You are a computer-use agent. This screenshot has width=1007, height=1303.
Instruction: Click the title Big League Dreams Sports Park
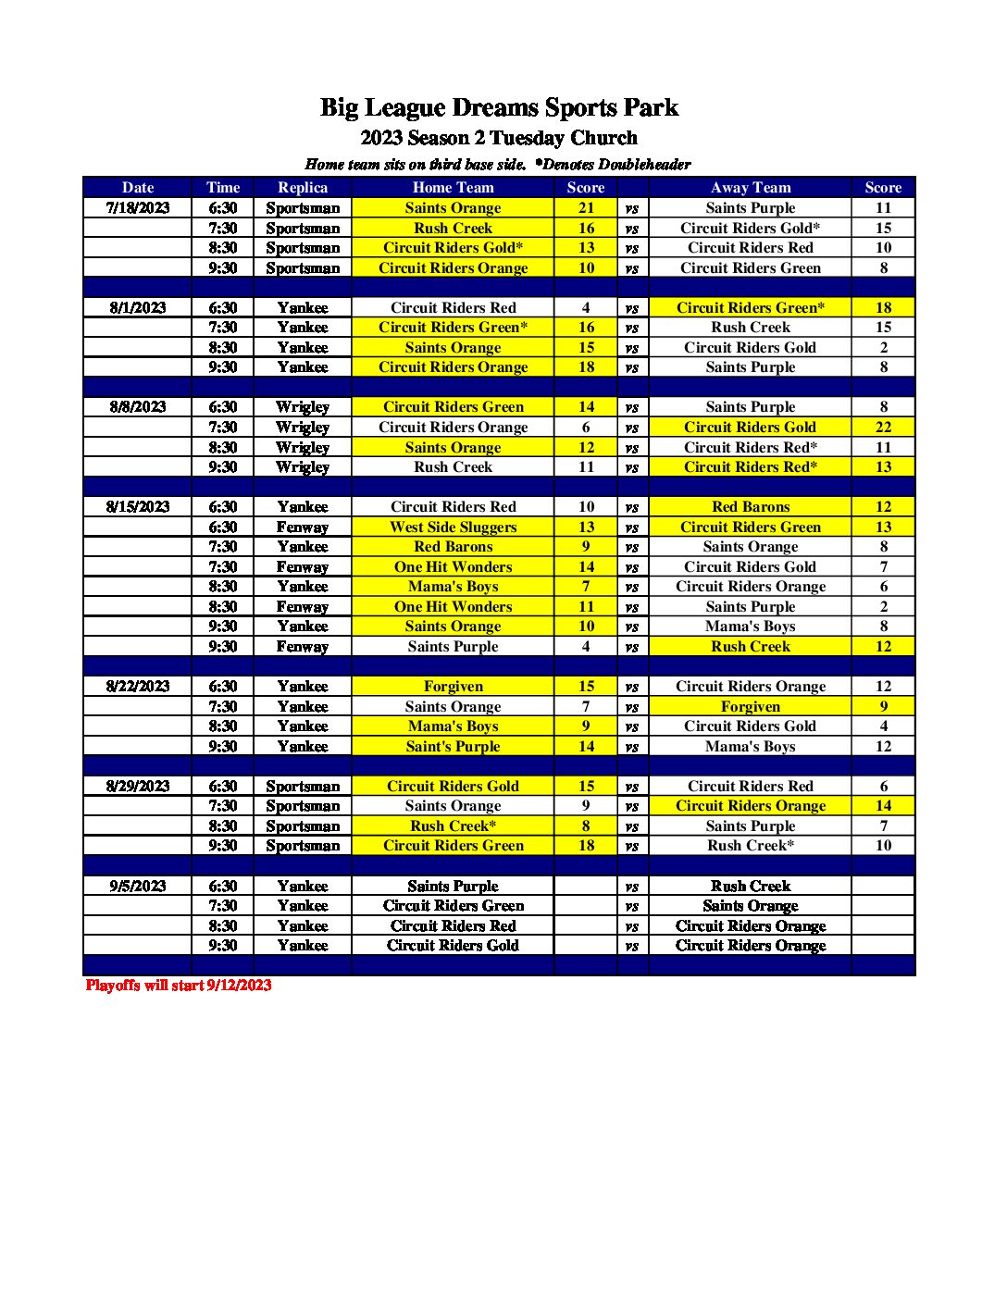tap(499, 108)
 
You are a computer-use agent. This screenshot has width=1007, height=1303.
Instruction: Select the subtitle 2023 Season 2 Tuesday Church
tap(499, 138)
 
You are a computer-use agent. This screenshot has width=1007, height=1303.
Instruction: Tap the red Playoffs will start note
tap(179, 986)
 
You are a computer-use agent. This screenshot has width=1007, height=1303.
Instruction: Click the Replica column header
tap(303, 188)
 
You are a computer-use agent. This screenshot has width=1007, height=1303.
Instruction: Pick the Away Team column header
tap(751, 188)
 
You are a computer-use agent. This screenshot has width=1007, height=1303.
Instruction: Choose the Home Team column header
tap(453, 188)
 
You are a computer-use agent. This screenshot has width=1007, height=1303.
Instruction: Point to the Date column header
tap(138, 188)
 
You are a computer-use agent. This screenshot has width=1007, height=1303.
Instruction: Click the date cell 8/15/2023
tap(138, 507)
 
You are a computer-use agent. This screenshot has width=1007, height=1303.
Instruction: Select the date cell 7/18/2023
tap(138, 208)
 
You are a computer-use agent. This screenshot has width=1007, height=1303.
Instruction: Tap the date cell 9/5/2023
tap(138, 886)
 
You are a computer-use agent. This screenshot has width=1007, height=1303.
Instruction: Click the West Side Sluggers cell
tap(453, 527)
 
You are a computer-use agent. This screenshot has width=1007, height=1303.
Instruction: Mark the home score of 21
tap(586, 208)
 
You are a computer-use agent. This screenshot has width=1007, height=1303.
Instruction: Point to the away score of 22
tap(883, 428)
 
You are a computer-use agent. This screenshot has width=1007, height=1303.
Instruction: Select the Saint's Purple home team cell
tap(453, 747)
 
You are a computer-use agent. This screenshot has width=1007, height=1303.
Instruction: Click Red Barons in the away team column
tap(751, 507)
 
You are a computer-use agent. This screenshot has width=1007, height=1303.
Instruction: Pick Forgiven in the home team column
tap(453, 687)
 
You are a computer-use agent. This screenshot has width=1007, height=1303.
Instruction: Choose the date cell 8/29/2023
tap(138, 787)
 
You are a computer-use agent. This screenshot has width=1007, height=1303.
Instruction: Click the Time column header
tap(223, 188)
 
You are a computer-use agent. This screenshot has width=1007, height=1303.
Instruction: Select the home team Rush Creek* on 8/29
tap(453, 826)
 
